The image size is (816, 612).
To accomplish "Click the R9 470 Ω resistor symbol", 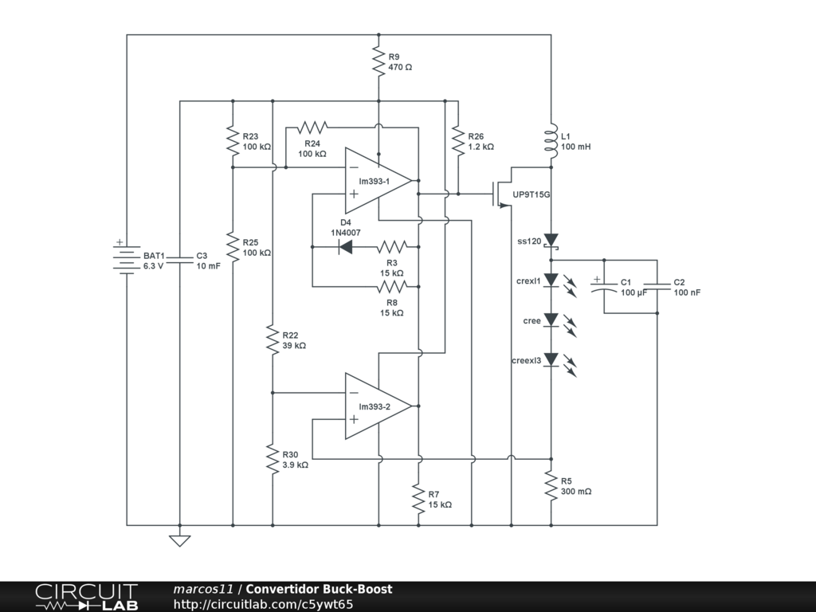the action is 379,61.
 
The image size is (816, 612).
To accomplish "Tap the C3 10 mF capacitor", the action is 179,260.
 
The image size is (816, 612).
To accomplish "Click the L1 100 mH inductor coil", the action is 551,140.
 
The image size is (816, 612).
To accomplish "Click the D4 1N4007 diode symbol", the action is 345,247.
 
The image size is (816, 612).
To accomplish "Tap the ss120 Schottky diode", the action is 551,241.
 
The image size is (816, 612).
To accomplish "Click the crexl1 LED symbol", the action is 551,280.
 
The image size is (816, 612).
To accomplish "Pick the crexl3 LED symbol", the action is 551,360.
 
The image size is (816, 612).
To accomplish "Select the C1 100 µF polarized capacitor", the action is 604,286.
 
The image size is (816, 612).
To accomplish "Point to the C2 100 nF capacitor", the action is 657,286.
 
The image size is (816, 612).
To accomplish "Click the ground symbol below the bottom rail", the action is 179,540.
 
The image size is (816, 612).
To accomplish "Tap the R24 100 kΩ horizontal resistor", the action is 312,127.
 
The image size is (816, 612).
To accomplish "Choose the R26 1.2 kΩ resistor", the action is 458,140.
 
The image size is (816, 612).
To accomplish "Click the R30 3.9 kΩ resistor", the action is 273,459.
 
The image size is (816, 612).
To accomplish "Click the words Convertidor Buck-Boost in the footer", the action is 319,589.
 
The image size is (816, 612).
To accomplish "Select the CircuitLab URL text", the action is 263,604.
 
